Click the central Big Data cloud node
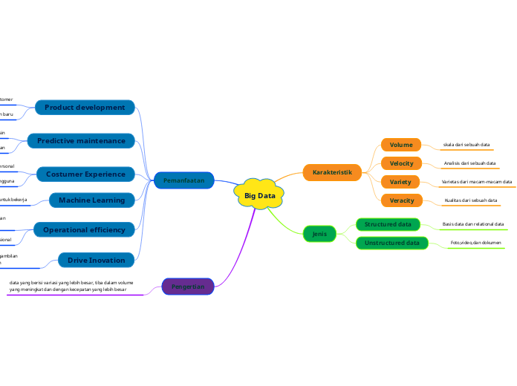[259, 195]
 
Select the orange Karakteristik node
[332, 172]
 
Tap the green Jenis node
[319, 234]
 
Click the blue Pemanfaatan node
[183, 180]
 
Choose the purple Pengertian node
[188, 286]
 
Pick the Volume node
[401, 145]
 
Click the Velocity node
[401, 163]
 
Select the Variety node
[401, 182]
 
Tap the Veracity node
[401, 200]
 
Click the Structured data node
[388, 224]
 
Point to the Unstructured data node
[391, 243]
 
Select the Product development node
[85, 108]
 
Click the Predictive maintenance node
[81, 140]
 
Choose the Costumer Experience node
[85, 174]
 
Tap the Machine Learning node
[92, 200]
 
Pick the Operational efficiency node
[84, 230]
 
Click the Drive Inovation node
[97, 260]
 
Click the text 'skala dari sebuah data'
[466, 145]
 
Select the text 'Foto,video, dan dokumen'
[475, 243]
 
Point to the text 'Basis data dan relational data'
[472, 224]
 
